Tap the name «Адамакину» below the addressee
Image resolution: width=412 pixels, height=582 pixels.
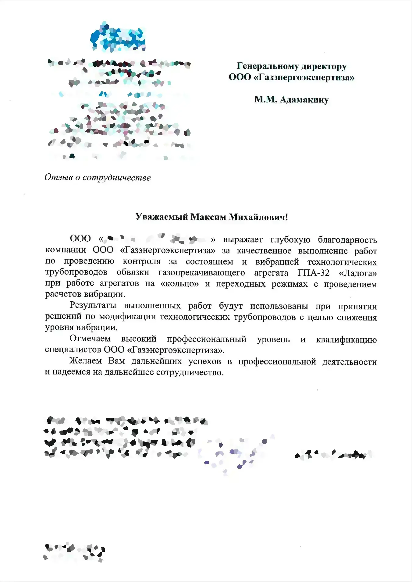[x=304, y=100]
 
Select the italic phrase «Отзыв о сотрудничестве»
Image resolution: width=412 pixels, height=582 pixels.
[x=98, y=177]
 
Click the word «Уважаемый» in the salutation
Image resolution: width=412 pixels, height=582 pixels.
[x=162, y=217]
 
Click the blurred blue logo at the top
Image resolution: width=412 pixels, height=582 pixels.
[x=118, y=37]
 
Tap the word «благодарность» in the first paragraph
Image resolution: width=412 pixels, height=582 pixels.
[x=347, y=240]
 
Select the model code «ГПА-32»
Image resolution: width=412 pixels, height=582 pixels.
[x=313, y=273]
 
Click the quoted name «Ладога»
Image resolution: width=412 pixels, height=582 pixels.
[x=358, y=273]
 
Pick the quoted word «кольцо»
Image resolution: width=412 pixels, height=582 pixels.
[x=179, y=284]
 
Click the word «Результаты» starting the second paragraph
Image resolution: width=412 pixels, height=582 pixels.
[x=93, y=305]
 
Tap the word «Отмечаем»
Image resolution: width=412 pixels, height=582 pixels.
[x=90, y=339]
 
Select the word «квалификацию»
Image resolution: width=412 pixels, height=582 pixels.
[x=346, y=339]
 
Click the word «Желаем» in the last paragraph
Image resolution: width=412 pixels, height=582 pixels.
[x=86, y=361]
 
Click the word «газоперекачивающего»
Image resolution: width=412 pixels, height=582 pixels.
[x=201, y=273]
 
